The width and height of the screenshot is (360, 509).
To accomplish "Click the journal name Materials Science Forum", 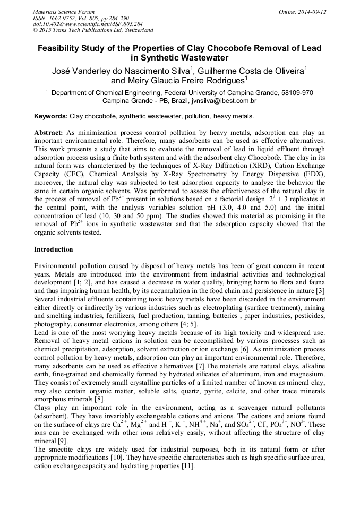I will (x=64, y=12).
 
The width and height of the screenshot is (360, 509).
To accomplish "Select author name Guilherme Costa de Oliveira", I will (x=250, y=71).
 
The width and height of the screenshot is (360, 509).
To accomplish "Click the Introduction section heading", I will (x=54, y=249).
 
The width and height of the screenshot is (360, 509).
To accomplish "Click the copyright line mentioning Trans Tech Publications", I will (x=93, y=31).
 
